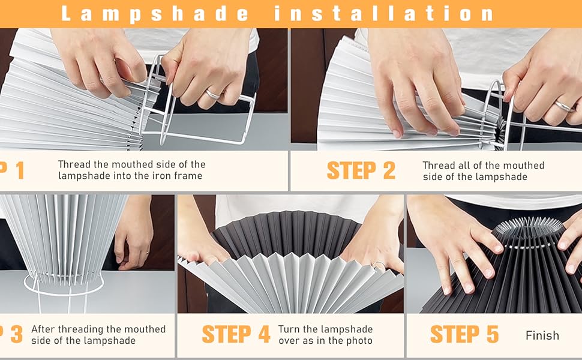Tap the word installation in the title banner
point(385,13)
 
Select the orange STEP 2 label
point(361,170)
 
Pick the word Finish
point(542,335)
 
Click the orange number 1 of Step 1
point(18,170)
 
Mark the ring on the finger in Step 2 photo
point(563,106)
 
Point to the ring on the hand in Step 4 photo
point(378,263)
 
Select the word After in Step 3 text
point(44,329)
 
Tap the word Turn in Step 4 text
point(289,329)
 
